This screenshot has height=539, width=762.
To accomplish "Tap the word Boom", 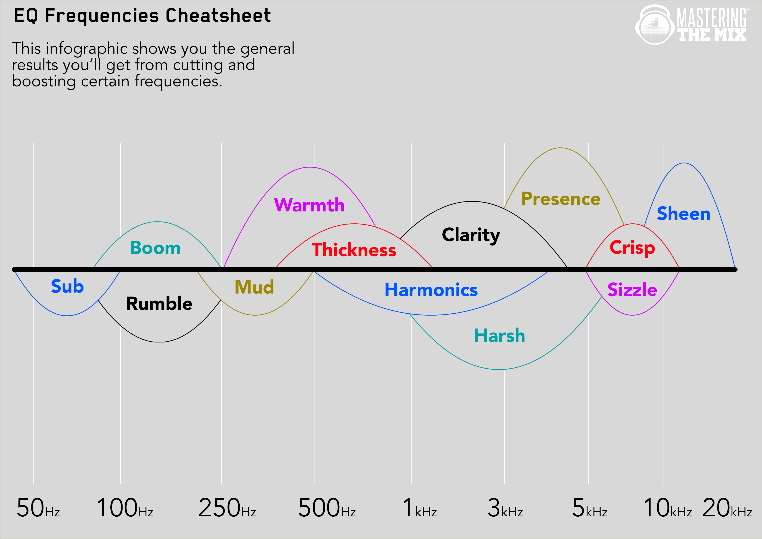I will (155, 248).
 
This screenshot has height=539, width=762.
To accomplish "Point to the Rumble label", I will (159, 303).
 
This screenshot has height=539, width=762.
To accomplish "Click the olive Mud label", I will (254, 287).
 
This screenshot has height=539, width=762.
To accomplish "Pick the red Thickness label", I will (354, 250).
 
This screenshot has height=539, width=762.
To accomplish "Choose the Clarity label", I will (471, 235).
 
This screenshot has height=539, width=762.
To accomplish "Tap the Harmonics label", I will (431, 290).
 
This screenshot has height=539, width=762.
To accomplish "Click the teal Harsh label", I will (500, 336).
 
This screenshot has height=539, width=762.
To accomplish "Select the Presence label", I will (561, 199).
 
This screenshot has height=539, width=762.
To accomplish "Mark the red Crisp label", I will (632, 248).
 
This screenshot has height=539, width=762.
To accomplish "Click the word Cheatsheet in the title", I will (218, 16).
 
